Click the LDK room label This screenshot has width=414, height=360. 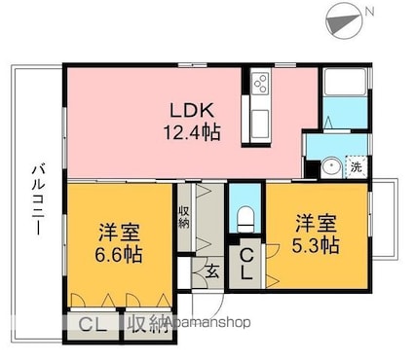(x=192, y=110)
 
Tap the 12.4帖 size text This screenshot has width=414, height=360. (x=192, y=132)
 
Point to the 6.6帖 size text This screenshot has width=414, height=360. (x=119, y=254)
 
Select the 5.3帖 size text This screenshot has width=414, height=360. (x=316, y=245)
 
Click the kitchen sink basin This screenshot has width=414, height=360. (x=260, y=123)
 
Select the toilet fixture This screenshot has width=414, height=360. (x=245, y=221)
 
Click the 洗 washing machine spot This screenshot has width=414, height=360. (x=357, y=167)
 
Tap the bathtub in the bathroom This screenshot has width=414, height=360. (x=345, y=83)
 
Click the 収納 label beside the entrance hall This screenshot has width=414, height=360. (x=183, y=217)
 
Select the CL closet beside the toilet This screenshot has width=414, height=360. (x=246, y=264)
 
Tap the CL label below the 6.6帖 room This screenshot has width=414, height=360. (x=93, y=325)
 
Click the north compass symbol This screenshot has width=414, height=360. (x=344, y=22)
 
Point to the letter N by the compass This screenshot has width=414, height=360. (x=370, y=12)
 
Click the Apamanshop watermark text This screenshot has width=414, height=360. (x=207, y=322)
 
